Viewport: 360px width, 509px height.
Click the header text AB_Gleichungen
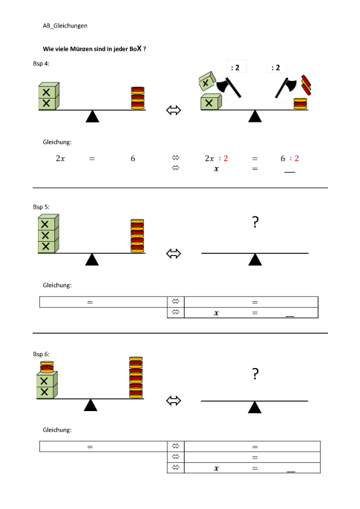(x=65, y=26)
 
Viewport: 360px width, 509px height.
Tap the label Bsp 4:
(x=41, y=64)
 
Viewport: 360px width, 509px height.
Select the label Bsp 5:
(x=41, y=207)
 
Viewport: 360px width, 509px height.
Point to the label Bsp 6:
(x=41, y=354)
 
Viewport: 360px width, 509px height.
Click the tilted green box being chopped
(x=207, y=82)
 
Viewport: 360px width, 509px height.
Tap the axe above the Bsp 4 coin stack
(x=286, y=87)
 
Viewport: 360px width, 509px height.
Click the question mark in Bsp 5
(x=255, y=223)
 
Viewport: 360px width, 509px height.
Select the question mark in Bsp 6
(x=255, y=374)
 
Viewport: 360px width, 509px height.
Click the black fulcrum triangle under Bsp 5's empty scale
(x=255, y=260)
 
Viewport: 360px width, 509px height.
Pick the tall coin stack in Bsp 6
(x=136, y=377)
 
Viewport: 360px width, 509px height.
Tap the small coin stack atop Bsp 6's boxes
(x=47, y=367)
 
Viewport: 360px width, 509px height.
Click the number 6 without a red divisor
(x=133, y=159)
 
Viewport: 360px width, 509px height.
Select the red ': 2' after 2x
(x=223, y=159)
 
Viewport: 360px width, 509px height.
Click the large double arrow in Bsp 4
(x=174, y=111)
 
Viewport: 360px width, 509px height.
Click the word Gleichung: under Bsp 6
(x=57, y=430)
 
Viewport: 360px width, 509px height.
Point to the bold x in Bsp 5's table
(x=216, y=313)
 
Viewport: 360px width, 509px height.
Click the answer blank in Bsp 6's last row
(x=291, y=471)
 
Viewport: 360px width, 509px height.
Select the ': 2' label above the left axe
(x=235, y=68)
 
